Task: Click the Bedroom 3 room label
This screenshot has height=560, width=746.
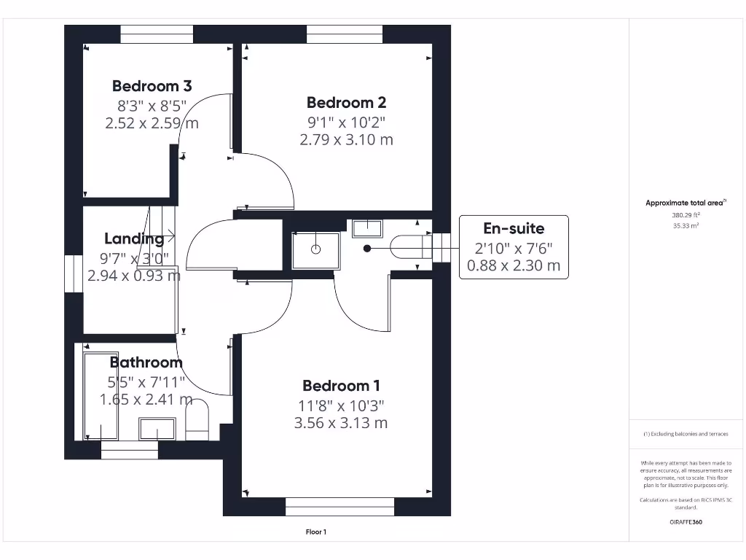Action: [152, 86]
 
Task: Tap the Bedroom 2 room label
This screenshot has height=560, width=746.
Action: [346, 102]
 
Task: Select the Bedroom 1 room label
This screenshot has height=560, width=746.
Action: [341, 386]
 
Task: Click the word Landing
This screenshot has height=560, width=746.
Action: [134, 239]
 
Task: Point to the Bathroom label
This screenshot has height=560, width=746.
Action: [146, 362]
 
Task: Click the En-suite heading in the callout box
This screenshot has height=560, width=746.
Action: [514, 228]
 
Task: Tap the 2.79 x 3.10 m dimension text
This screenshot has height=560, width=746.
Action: [346, 140]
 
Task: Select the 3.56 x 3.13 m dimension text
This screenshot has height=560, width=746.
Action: [341, 423]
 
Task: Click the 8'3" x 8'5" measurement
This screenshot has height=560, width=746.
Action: [152, 105]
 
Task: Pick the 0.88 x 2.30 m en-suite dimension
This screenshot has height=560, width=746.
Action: [514, 265]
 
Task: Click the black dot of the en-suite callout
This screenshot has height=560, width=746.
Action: [367, 248]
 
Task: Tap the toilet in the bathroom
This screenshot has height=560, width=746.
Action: [197, 419]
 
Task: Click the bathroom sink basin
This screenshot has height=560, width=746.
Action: [157, 429]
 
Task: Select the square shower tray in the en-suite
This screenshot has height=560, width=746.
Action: [316, 250]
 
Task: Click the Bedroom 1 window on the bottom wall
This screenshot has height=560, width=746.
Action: [339, 507]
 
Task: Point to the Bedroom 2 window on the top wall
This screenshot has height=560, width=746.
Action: [345, 34]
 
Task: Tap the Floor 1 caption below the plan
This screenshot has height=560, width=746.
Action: [316, 532]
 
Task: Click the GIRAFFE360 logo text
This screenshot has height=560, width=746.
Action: [686, 522]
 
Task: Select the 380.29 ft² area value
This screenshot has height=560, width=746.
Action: [686, 215]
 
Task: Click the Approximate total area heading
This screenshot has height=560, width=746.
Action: [686, 203]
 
